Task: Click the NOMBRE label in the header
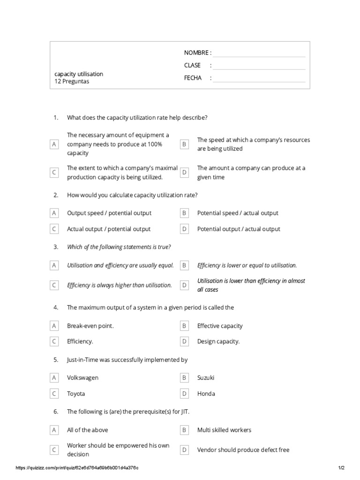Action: [196, 52]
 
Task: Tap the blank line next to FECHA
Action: [259, 79]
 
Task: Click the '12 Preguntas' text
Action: [72, 82]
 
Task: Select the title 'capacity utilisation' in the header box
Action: [79, 74]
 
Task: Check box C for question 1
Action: [54, 172]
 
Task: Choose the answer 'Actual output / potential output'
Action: [109, 229]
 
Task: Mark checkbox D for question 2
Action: [185, 229]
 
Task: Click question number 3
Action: [56, 247]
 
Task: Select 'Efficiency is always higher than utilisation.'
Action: [120, 285]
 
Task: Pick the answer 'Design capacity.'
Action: [218, 342]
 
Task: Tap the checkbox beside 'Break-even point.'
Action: [54, 326]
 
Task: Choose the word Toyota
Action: [76, 394]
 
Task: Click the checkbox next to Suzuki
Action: [185, 378]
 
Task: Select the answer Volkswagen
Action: [82, 378]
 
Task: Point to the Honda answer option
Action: [206, 394]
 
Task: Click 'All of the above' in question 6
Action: [88, 430]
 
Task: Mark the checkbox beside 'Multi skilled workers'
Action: [185, 430]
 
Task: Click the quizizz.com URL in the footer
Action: [77, 468]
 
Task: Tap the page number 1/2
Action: [341, 468]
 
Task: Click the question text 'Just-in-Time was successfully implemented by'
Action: [127, 360]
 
